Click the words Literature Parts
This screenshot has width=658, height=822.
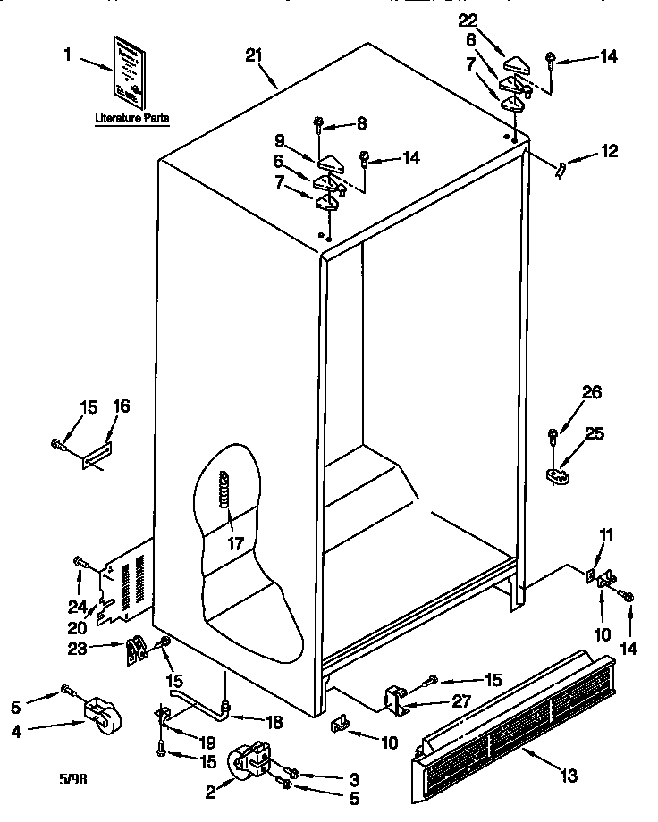(x=131, y=117)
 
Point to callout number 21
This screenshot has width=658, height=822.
(x=254, y=56)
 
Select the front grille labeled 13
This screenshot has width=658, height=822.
(x=514, y=718)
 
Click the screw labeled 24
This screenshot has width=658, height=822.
(x=81, y=563)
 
